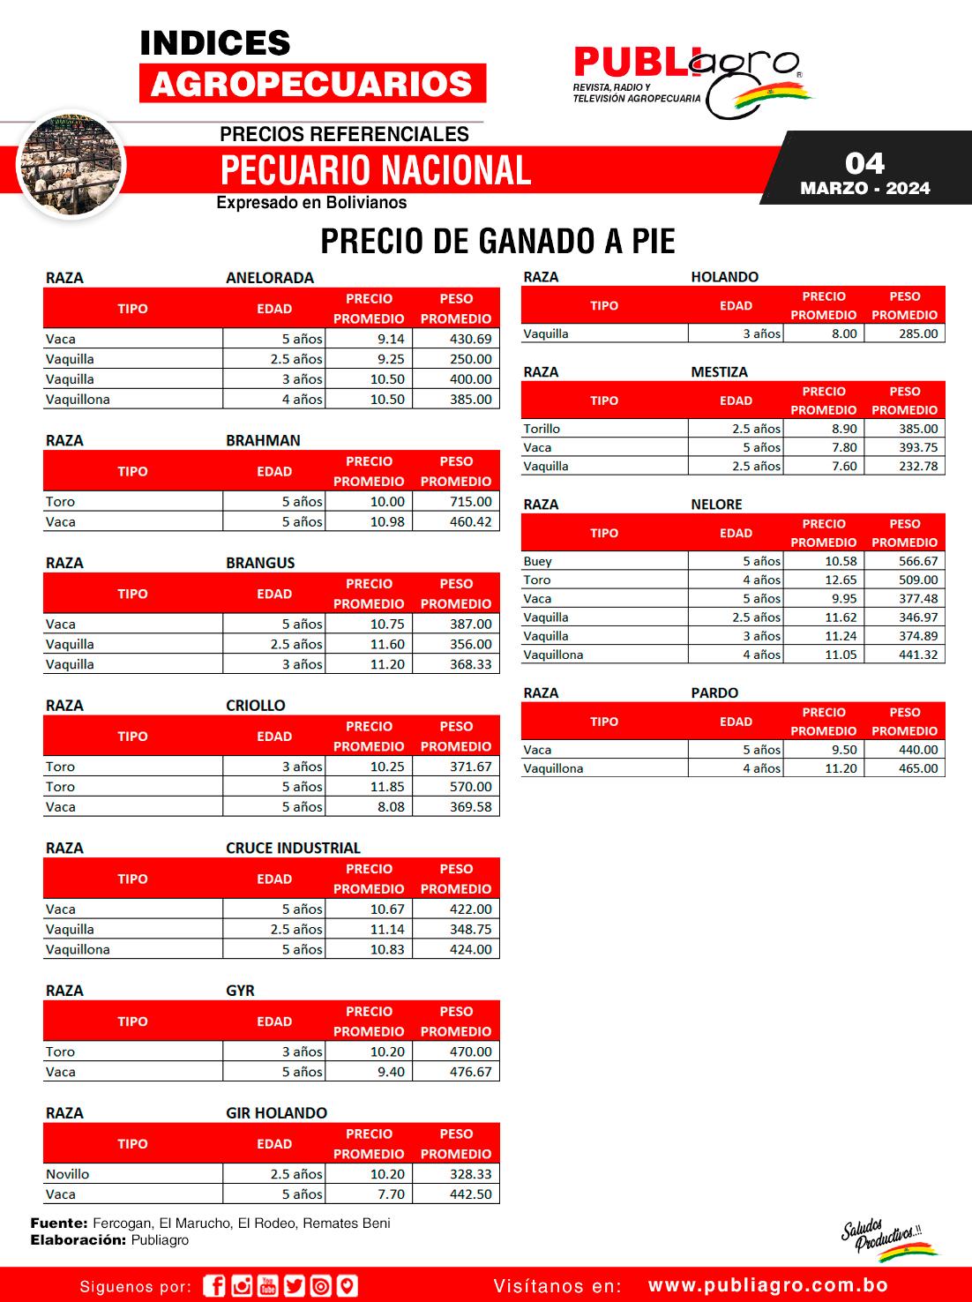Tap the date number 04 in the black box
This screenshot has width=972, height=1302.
[864, 163]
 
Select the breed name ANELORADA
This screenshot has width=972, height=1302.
[270, 278]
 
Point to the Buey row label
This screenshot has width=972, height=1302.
[537, 562]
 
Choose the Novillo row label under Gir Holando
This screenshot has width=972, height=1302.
[68, 1174]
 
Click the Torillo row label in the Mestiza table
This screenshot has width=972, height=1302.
[542, 430]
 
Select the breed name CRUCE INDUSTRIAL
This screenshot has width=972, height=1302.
[293, 849]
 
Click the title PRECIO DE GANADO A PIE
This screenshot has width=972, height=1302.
[497, 241]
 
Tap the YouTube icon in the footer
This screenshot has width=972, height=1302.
[267, 1286]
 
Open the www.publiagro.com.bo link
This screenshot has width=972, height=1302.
[767, 1286]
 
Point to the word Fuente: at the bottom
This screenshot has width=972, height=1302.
[59, 1223]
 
